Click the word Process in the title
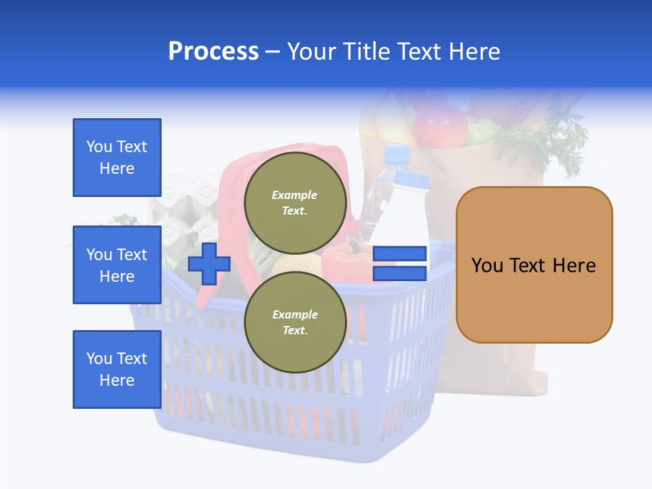(x=213, y=52)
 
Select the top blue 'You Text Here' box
(x=117, y=158)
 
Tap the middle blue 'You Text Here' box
(x=117, y=265)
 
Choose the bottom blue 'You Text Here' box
(x=117, y=369)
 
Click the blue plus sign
(x=209, y=263)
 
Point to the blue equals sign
(x=399, y=264)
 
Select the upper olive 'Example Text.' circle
(x=295, y=202)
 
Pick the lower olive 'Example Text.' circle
(x=295, y=322)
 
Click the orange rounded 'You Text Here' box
(x=534, y=265)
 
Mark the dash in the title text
(x=272, y=52)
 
